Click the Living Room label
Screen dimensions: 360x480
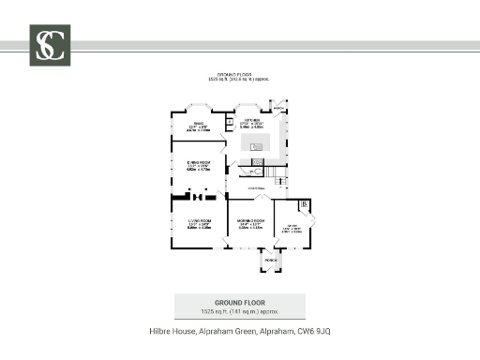(x=198, y=222)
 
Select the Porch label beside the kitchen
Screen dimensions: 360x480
(x=277, y=105)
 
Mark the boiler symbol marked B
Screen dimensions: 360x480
(x=305, y=205)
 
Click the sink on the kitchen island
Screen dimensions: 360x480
(x=255, y=145)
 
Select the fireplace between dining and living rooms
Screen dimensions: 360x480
(x=198, y=197)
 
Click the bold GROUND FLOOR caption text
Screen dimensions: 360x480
(x=240, y=303)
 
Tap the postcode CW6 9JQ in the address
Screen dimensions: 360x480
(x=316, y=332)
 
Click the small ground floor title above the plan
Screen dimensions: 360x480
(x=239, y=75)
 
